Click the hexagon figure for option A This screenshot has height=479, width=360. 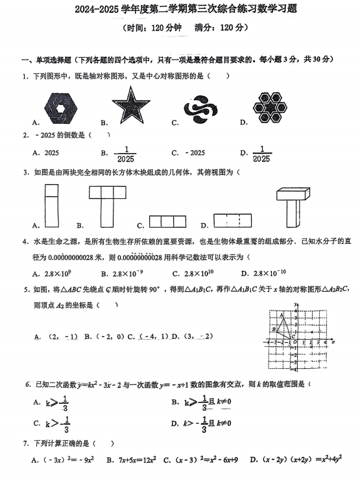pyautogui.click(x=63, y=106)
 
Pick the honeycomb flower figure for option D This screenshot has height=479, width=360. pyautogui.click(x=271, y=106)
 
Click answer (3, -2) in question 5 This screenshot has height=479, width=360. pyautogui.click(x=198, y=336)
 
